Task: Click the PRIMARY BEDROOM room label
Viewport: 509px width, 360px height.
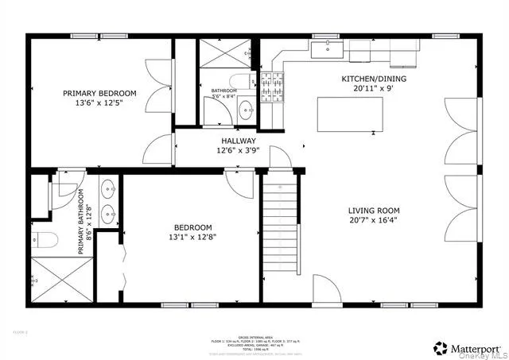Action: point(99,93)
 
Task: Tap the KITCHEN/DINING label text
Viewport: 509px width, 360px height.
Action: point(372,79)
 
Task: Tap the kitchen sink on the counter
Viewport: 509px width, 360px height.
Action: point(325,50)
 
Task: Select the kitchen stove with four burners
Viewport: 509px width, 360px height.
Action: point(273,81)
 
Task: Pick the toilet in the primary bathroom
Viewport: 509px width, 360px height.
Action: point(43,238)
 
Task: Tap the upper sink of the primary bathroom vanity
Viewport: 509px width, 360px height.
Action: point(107,191)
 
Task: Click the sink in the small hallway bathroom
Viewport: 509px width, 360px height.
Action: point(246,112)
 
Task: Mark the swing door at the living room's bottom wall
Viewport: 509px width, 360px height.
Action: point(326,289)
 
